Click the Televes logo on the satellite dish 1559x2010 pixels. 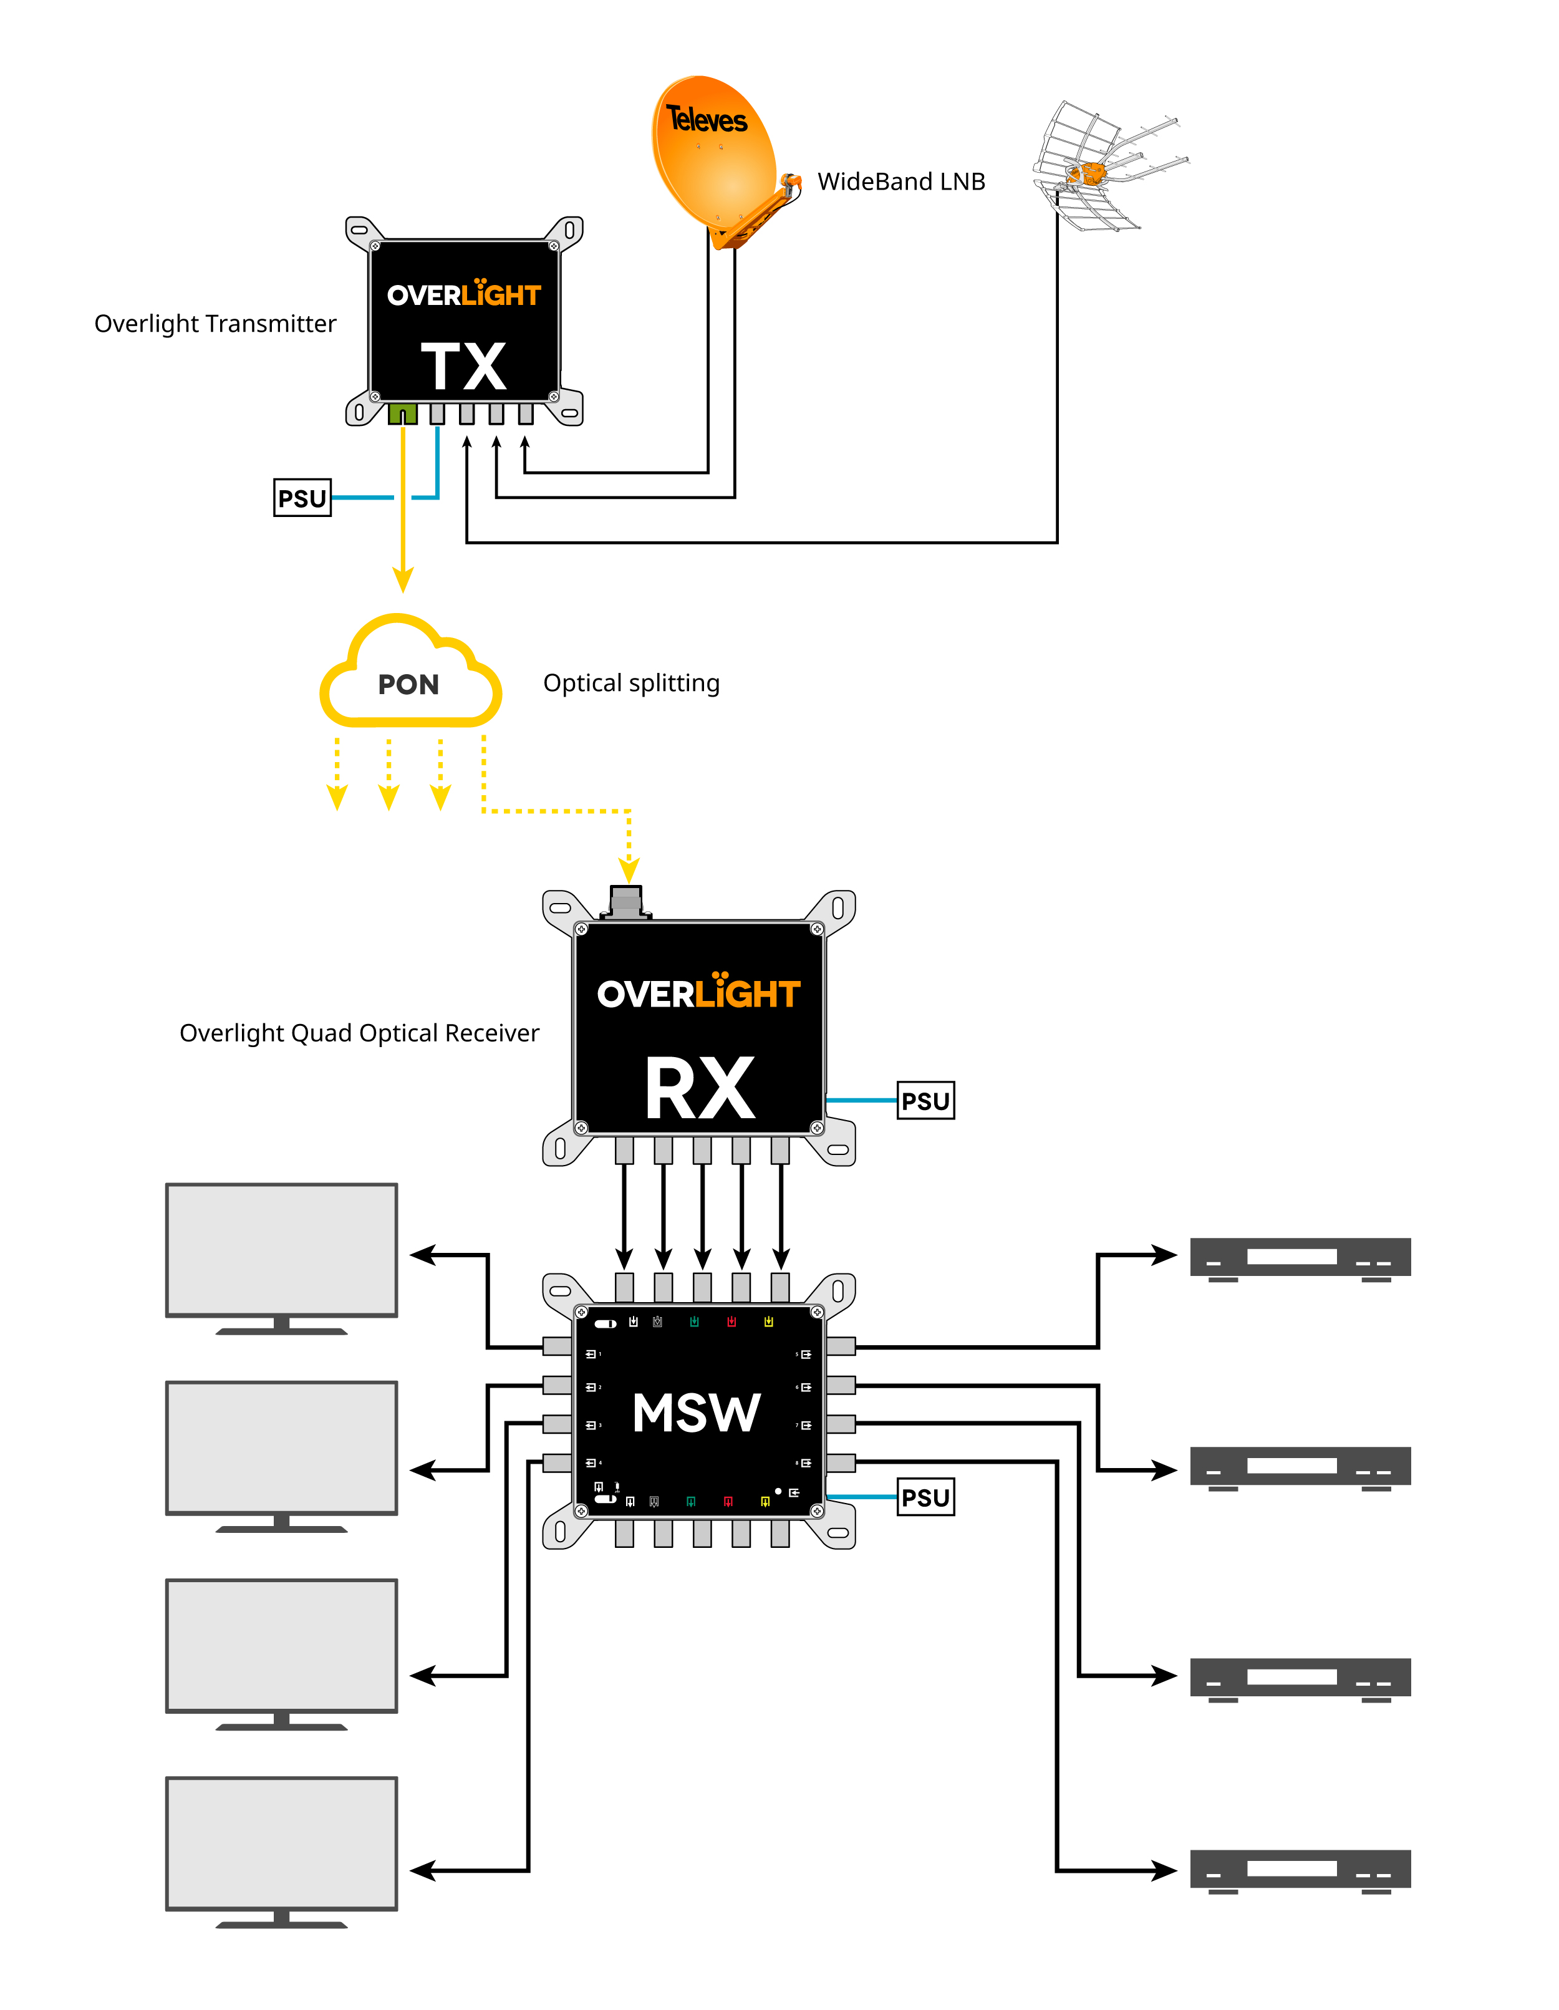click(x=707, y=120)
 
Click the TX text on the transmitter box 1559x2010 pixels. click(x=464, y=366)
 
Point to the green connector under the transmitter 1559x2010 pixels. click(x=402, y=414)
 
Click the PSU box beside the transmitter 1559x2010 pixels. click(x=302, y=498)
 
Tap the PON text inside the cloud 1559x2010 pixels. click(x=408, y=685)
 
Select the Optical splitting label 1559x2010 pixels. click(x=631, y=683)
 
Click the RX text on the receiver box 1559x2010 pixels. click(x=700, y=1089)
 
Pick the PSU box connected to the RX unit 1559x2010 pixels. click(x=925, y=1101)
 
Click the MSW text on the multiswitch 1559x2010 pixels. click(x=697, y=1413)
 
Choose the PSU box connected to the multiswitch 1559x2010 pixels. click(x=925, y=1497)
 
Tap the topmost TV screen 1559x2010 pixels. click(x=282, y=1250)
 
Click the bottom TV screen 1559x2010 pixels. click(x=282, y=1843)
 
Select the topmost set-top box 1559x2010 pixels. click(x=1300, y=1257)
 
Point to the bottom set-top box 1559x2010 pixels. click(x=1300, y=1869)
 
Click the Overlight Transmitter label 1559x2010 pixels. click(x=215, y=324)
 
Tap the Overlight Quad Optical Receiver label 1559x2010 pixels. click(x=359, y=1033)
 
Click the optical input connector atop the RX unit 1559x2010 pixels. click(x=626, y=900)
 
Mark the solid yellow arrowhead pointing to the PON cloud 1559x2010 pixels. click(x=402, y=580)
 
